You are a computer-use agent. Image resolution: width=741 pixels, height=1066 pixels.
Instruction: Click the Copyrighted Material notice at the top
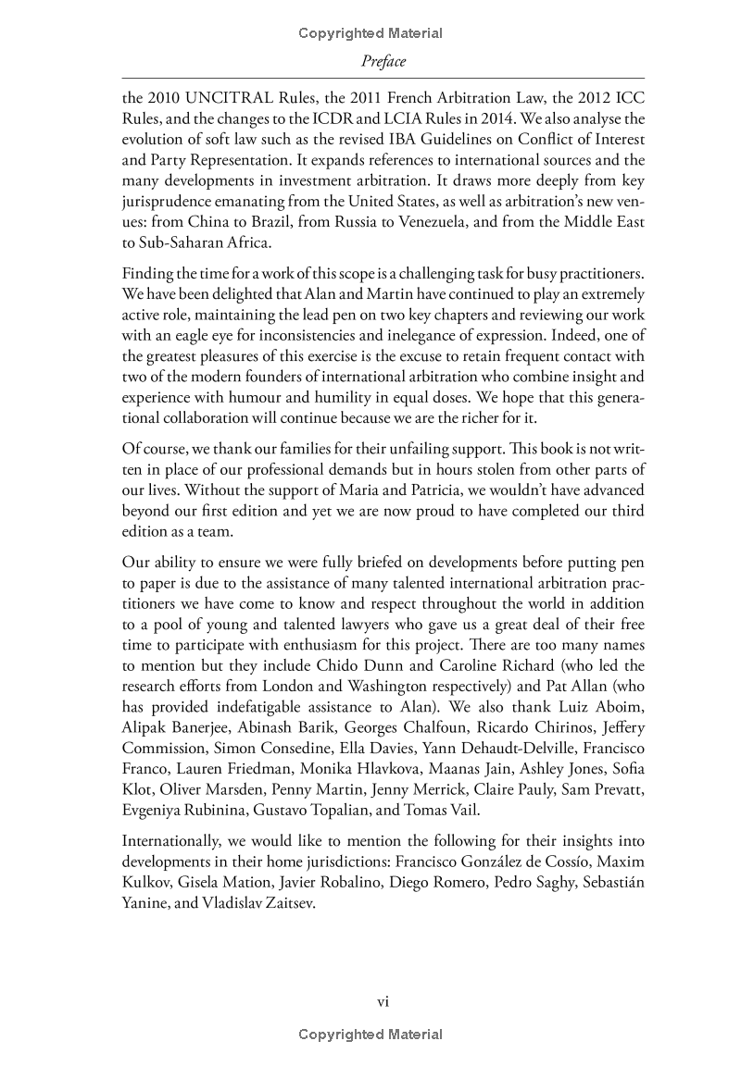click(370, 33)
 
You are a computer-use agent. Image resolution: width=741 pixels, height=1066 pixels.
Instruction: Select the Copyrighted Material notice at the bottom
click(370, 1035)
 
